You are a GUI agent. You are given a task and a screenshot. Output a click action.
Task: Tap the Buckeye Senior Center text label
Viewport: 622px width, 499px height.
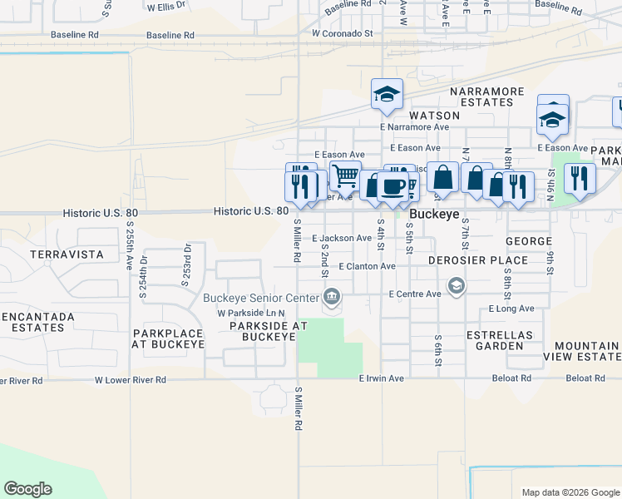(261, 298)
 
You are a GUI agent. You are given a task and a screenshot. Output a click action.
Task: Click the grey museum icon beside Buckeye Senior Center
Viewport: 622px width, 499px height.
(332, 297)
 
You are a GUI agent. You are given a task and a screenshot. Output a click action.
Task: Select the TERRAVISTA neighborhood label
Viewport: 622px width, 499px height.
(66, 254)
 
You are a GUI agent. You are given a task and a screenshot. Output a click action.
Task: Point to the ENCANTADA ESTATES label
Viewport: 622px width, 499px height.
(37, 322)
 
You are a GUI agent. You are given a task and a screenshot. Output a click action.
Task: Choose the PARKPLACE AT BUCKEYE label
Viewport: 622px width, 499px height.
(168, 338)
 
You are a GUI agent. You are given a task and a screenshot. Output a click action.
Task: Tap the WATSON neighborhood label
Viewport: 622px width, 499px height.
(434, 116)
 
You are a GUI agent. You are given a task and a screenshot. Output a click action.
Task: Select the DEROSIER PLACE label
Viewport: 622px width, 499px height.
(478, 260)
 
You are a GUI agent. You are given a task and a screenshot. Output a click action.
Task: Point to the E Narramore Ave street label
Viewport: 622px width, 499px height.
(414, 127)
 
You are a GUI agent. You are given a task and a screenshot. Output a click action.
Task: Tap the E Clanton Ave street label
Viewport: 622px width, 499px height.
(367, 266)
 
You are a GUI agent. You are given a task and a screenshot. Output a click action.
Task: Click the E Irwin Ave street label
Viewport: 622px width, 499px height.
(381, 378)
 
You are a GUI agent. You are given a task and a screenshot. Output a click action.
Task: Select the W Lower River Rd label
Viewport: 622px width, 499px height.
(130, 379)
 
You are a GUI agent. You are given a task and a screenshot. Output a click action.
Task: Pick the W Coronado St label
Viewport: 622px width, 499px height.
(343, 34)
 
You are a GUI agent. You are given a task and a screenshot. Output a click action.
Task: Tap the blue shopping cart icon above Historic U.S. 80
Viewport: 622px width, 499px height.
(345, 175)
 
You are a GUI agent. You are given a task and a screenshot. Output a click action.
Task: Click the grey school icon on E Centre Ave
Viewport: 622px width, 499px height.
(456, 287)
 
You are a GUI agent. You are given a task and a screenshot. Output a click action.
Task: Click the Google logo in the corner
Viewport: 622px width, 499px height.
(27, 489)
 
